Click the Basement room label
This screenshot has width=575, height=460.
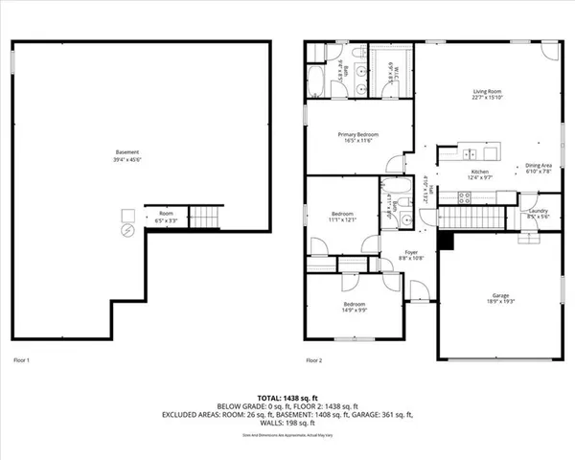pos(127,155)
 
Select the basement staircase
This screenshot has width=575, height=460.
pos(204,216)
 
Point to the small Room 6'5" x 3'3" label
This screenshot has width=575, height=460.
pos(166,217)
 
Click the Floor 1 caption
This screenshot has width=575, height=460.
pos(21,360)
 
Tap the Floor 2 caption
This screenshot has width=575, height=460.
pos(314,360)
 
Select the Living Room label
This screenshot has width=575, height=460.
pos(487,93)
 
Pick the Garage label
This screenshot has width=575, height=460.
pos(499,297)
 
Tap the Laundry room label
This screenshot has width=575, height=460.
pos(538,213)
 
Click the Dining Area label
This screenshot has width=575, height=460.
pos(539,168)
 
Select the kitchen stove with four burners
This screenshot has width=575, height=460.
pos(464,198)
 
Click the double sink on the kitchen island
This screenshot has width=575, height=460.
pos(469,153)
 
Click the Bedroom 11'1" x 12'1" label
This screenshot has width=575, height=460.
pos(343,217)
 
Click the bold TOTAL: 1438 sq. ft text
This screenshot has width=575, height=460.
pos(287,396)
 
